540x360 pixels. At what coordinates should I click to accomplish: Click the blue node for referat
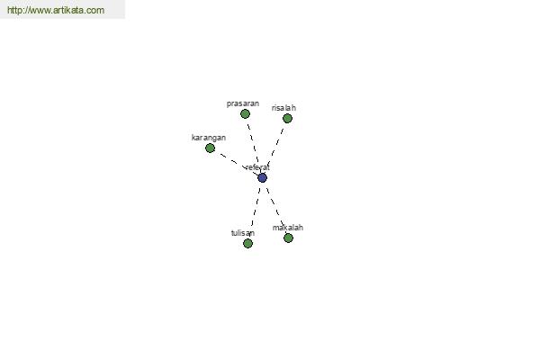pos(263,178)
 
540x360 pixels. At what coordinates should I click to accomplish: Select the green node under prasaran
pos(245,113)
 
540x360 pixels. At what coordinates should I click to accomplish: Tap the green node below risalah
pos(288,119)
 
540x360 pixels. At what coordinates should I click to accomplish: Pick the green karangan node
pos(210,148)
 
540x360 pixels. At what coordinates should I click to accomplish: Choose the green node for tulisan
pos(248,243)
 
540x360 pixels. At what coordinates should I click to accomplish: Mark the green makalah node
pos(289,238)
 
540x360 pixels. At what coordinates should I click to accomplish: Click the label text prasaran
pos(243,103)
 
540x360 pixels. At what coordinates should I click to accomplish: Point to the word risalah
pos(283,108)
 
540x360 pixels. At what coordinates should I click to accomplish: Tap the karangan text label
pos(209,138)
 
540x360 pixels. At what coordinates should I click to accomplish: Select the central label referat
pos(257,167)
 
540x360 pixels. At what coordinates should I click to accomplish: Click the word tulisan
pos(243,233)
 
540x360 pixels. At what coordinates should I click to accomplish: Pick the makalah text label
pos(288,228)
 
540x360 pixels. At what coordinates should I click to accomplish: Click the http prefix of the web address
pos(13,10)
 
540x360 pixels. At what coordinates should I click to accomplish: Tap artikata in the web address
pos(68,10)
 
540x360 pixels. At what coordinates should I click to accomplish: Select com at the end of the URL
pos(95,11)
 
